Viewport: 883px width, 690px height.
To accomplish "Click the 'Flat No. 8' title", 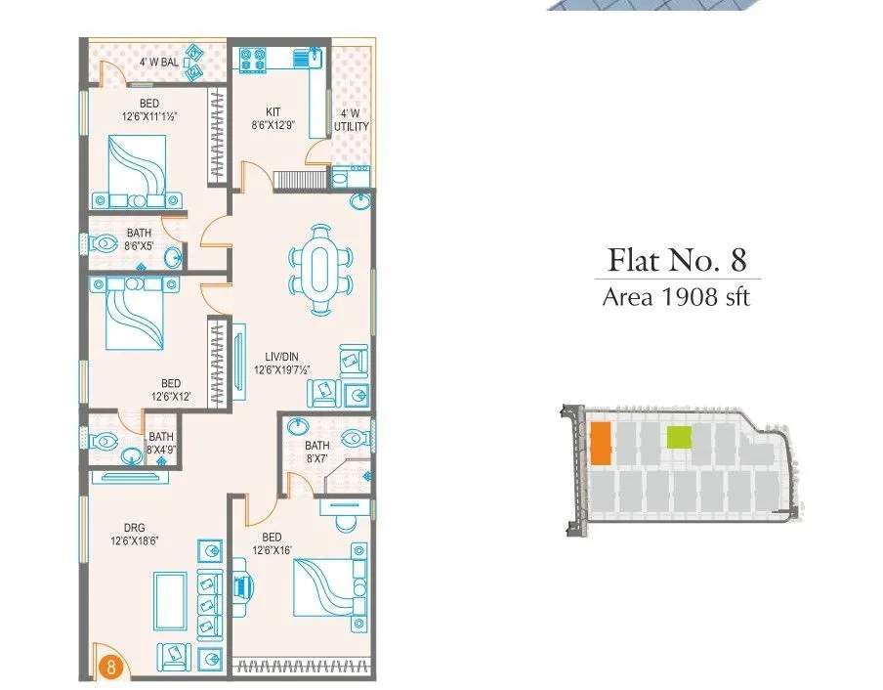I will [677, 260].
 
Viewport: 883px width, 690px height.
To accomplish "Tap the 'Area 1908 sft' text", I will [676, 297].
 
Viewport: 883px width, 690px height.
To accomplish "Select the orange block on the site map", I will [601, 444].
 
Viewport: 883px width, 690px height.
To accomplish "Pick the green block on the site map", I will [679, 438].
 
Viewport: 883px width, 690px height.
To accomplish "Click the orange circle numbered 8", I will [111, 669].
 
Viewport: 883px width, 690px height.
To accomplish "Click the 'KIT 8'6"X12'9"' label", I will [273, 119].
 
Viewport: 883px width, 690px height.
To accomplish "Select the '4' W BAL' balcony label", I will [158, 62].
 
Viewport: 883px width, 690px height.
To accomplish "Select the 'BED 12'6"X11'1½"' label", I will [149, 109].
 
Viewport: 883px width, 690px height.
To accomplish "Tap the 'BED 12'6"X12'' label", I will [171, 390].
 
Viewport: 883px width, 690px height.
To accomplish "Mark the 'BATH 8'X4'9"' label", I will [161, 443].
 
